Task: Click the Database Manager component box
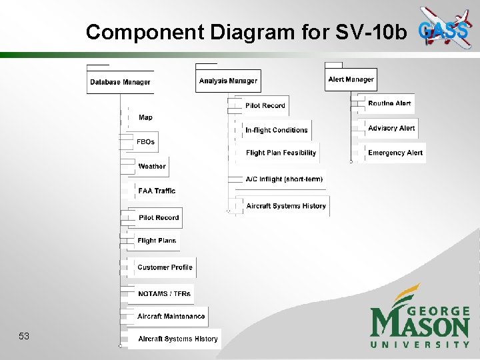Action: [x=120, y=82]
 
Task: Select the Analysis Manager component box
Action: [x=228, y=81]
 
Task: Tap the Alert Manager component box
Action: [x=351, y=79]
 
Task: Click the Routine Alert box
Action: [x=389, y=103]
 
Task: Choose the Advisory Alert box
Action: [x=391, y=128]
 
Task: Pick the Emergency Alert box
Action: [x=395, y=153]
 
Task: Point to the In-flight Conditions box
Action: [x=276, y=130]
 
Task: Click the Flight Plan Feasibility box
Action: [x=281, y=153]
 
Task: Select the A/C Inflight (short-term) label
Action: [x=284, y=179]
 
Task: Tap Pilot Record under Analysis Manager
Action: [x=265, y=105]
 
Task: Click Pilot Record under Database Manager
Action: [x=159, y=217]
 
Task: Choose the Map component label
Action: [x=145, y=117]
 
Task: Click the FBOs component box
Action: [x=145, y=141]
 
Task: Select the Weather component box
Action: [x=151, y=166]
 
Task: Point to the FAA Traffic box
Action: [x=157, y=191]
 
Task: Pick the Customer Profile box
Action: [x=165, y=267]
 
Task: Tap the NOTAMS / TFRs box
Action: [x=164, y=293]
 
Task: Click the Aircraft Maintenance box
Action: [x=171, y=316]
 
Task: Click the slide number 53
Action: [x=24, y=336]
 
